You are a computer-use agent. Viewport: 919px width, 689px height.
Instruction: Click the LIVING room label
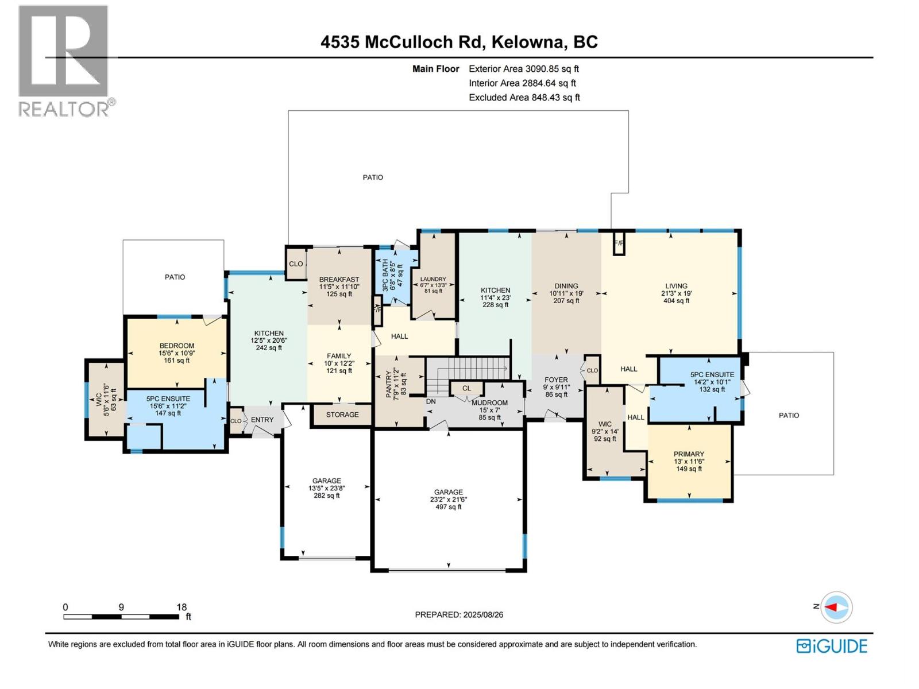(x=676, y=286)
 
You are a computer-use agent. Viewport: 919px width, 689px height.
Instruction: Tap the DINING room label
(x=566, y=286)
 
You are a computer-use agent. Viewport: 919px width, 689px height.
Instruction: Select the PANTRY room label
(x=389, y=384)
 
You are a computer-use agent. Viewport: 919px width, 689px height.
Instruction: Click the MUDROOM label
(x=489, y=403)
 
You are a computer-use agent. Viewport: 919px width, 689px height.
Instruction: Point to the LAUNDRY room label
(x=433, y=280)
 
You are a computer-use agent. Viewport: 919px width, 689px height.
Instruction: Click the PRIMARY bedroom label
(x=689, y=454)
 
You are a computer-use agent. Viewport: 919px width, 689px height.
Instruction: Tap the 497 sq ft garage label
(x=448, y=500)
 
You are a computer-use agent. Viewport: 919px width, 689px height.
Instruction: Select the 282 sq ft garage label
(x=326, y=488)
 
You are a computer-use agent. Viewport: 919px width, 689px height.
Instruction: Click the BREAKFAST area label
(x=339, y=280)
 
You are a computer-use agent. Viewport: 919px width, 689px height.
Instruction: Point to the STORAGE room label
(x=342, y=415)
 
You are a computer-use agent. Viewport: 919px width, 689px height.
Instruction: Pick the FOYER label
(x=556, y=380)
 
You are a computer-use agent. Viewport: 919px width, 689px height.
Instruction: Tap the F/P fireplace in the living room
(x=619, y=243)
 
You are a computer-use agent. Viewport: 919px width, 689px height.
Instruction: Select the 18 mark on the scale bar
(x=182, y=607)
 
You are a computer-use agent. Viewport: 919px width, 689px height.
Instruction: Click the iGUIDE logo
(x=832, y=646)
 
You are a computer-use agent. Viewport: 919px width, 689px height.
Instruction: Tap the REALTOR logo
(x=64, y=60)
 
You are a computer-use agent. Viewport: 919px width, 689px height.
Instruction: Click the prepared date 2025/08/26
(x=459, y=614)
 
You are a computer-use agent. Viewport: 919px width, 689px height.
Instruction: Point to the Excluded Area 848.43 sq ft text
(x=524, y=98)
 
